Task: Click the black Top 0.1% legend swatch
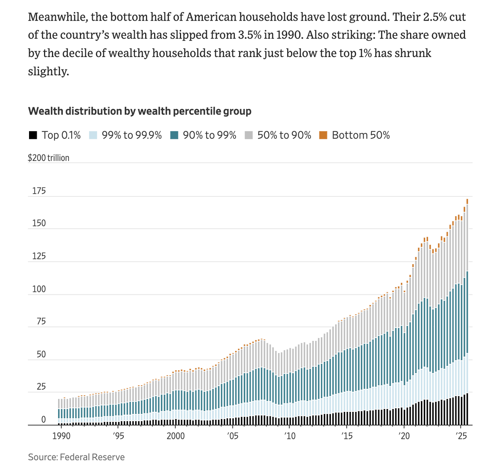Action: pyautogui.click(x=33, y=135)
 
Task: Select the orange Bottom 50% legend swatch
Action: pyautogui.click(x=323, y=135)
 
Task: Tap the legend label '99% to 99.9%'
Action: pyautogui.click(x=131, y=135)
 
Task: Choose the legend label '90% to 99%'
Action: pyautogui.click(x=209, y=135)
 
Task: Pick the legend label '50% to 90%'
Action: pyautogui.click(x=284, y=135)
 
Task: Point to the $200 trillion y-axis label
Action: pyautogui.click(x=48, y=158)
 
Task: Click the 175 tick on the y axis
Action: pyautogui.click(x=39, y=191)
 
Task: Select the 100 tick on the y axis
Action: pyautogui.click(x=39, y=289)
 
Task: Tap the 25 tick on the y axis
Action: pyautogui.click(x=41, y=387)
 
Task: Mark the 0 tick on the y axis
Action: pyautogui.click(x=44, y=420)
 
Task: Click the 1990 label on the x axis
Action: pyautogui.click(x=61, y=436)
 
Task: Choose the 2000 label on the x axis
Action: pyautogui.click(x=175, y=436)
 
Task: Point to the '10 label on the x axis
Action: pyautogui.click(x=290, y=436)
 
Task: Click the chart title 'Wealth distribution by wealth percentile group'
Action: pyautogui.click(x=140, y=111)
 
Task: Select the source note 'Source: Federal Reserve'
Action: pyautogui.click(x=76, y=457)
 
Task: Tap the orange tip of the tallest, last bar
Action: pyautogui.click(x=467, y=201)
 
